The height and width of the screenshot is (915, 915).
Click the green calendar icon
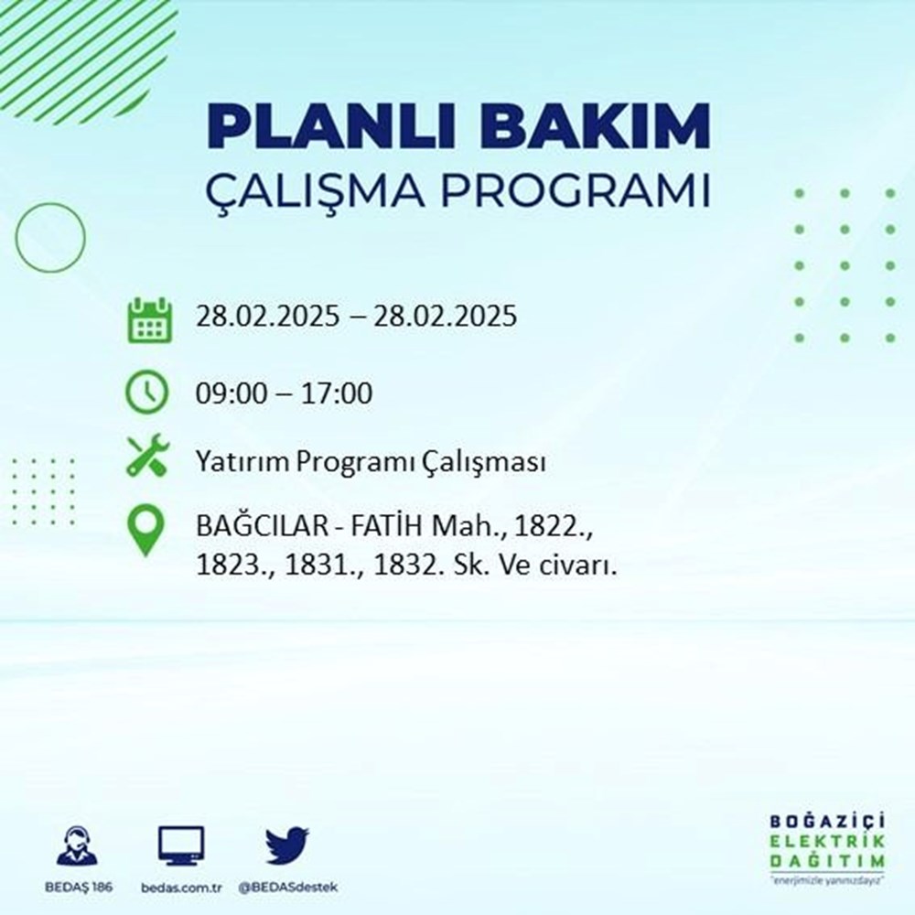(x=148, y=319)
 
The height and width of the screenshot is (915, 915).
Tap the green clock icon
(x=147, y=393)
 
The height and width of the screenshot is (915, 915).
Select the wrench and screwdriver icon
(x=146, y=456)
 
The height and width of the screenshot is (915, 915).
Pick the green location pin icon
(x=146, y=530)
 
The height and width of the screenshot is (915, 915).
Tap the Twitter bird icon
(x=287, y=845)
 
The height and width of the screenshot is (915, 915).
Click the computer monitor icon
(x=181, y=845)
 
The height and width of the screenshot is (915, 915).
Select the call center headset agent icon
(x=78, y=845)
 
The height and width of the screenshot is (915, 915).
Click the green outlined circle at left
(x=50, y=238)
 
